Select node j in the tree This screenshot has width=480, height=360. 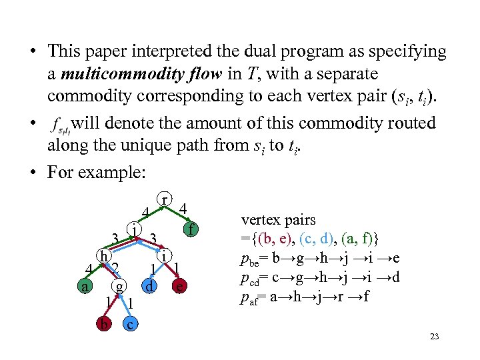click(135, 230)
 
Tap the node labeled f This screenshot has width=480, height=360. click(191, 231)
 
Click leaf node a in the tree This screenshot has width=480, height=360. click(83, 287)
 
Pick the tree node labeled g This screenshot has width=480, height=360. click(119, 287)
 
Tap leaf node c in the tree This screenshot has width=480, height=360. click(131, 324)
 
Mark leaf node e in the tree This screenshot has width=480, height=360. click(179, 287)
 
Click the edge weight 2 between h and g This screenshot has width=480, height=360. click(115, 268)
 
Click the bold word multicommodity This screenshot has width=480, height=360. click(118, 73)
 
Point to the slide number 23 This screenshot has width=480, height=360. click(435, 337)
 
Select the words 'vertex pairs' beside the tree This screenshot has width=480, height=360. click(278, 219)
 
